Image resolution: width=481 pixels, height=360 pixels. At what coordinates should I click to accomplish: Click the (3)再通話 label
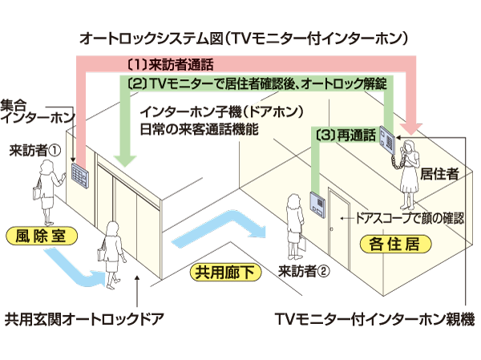click(346, 136)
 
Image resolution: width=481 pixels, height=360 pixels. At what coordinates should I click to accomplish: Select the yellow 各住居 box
click(387, 241)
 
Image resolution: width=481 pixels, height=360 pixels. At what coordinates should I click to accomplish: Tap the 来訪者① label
click(35, 149)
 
